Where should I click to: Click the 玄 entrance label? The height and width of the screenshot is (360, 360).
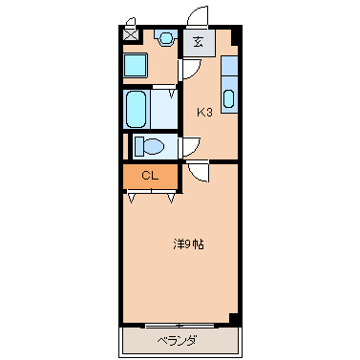[x=198, y=41]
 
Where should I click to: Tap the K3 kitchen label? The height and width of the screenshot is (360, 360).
[x=204, y=112]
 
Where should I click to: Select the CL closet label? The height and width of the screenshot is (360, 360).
[x=149, y=176]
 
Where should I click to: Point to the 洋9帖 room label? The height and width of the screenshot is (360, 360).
[x=187, y=244]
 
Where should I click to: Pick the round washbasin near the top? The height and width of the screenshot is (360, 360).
[x=163, y=38]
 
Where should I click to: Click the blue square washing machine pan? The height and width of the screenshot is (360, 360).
[x=135, y=66]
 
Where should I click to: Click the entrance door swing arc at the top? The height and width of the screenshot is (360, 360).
[x=198, y=17]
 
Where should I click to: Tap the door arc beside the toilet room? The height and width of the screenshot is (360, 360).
[x=190, y=145]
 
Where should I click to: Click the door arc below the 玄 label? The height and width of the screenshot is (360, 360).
[x=190, y=72]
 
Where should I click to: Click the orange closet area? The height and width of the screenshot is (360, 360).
[x=149, y=177]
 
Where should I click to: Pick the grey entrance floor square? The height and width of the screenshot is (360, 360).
[x=198, y=41]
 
